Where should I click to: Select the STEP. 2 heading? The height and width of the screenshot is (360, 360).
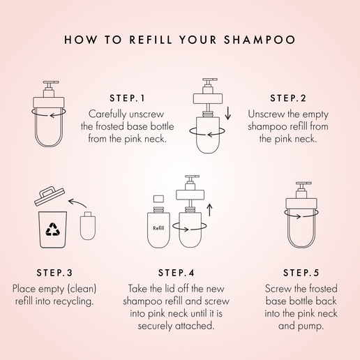[287, 98]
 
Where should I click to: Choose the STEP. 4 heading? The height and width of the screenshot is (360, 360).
[175, 272]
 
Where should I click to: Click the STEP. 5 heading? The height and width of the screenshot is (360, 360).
[301, 272]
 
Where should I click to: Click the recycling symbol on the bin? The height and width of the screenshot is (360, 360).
[53, 229]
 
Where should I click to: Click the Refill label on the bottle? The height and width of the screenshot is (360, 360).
[158, 228]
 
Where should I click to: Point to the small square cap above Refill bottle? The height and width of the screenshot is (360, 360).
[158, 200]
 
